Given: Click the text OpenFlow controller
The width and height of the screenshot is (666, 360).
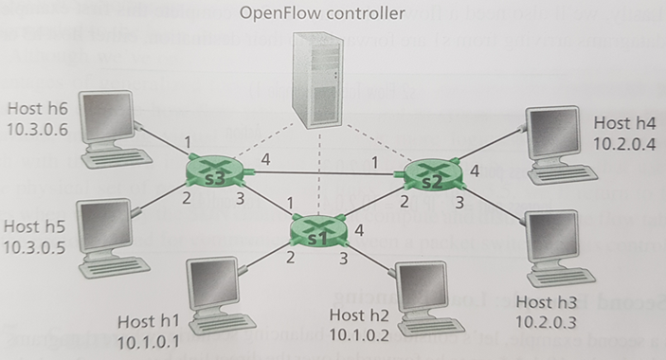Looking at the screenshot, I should (322, 14).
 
